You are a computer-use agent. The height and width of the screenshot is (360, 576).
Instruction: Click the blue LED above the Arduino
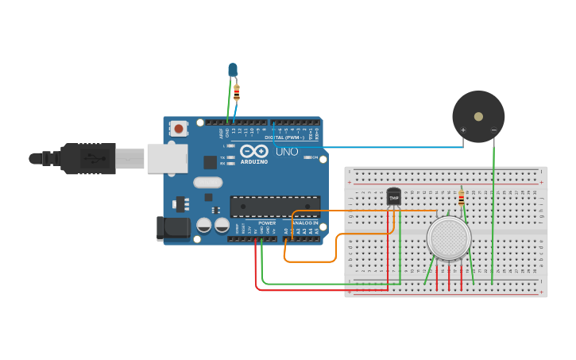(233, 70)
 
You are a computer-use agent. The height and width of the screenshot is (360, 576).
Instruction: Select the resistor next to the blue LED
(237, 93)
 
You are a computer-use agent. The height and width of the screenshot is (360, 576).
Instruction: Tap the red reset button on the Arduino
(179, 128)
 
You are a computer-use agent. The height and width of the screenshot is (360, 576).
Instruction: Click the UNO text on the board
(287, 152)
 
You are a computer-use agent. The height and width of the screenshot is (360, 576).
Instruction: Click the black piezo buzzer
(477, 116)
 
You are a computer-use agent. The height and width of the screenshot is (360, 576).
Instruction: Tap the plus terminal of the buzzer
(463, 130)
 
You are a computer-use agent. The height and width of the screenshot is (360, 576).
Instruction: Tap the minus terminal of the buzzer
(493, 130)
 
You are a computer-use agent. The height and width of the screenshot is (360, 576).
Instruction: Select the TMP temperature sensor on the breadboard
(393, 196)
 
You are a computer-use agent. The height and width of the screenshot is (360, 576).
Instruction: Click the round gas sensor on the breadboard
(449, 237)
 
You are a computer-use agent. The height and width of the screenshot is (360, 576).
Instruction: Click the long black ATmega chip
(275, 207)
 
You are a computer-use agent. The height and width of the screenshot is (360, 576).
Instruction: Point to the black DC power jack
(173, 228)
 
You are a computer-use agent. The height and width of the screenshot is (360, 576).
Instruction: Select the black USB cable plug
(87, 158)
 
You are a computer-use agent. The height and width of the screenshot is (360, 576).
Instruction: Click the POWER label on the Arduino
(267, 223)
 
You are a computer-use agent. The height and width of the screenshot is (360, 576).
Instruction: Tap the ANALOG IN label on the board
(304, 223)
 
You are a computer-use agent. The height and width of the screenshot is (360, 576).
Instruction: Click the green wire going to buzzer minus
(493, 215)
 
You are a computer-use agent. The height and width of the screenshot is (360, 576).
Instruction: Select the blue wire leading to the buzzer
(381, 147)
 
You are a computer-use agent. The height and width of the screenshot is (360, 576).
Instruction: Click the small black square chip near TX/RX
(210, 162)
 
